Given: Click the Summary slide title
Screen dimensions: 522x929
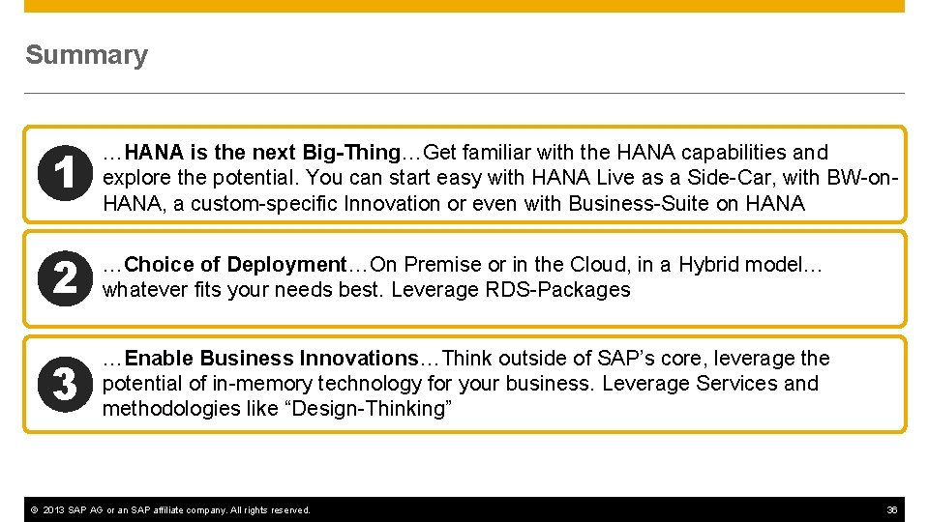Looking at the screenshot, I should click(86, 55).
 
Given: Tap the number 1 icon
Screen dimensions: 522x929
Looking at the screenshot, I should click(64, 176).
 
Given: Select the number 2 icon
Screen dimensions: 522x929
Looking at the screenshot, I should click(64, 278).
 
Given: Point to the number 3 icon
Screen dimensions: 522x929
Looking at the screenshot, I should click(64, 384).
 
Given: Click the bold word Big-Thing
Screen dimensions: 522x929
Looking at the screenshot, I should click(351, 153).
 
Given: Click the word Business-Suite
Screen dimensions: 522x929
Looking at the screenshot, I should click(629, 203).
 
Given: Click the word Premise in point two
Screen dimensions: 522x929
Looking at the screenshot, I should click(446, 265).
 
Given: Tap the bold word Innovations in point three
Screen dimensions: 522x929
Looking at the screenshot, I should click(358, 359).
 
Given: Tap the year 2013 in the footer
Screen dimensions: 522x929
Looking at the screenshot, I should click(54, 509).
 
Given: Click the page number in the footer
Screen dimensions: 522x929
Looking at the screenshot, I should click(892, 509).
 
